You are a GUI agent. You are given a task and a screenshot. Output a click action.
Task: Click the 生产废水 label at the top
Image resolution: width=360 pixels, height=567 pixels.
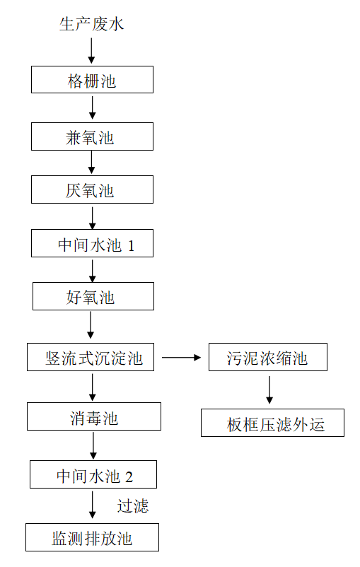[91, 25]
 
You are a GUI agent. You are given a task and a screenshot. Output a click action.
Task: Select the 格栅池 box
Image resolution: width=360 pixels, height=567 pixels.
[92, 79]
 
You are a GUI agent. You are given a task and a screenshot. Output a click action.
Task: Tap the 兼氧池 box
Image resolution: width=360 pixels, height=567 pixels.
[92, 136]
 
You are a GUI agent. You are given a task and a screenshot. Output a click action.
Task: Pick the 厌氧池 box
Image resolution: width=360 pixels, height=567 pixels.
[92, 190]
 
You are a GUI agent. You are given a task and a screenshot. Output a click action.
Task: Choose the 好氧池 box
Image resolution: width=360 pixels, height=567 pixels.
[93, 297]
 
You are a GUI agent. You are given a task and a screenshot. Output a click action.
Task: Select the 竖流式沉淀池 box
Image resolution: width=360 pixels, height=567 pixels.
[94, 358]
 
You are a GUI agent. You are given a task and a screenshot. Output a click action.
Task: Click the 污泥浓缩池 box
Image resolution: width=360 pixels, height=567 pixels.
[268, 358]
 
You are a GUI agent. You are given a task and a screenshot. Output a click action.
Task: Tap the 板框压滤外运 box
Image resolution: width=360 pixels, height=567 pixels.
[272, 423]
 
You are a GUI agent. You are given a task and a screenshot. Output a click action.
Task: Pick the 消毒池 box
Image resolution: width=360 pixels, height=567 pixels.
[94, 417]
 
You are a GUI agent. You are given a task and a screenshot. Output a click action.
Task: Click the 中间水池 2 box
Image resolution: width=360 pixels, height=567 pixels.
[93, 474]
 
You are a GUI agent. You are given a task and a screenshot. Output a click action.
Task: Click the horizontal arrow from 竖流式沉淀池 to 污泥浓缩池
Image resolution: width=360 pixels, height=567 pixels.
[182, 358]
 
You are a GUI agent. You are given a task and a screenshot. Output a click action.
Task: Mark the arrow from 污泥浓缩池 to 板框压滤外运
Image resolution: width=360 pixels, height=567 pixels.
[269, 390]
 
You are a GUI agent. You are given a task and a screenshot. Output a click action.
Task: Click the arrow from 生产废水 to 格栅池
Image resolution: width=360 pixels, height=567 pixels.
[91, 51]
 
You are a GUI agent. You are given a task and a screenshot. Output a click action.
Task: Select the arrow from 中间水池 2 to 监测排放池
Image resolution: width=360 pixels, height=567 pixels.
[93, 505]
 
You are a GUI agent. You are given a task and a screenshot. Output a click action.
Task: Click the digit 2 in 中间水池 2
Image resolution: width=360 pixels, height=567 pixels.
[129, 476]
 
